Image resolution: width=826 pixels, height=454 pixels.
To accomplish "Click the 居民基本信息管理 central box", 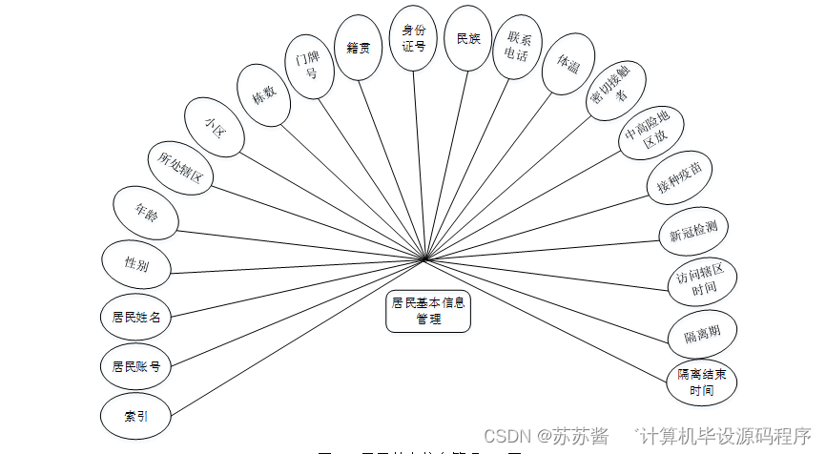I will tap(428, 312).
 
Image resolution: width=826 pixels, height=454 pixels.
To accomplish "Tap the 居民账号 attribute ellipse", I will tap(135, 366).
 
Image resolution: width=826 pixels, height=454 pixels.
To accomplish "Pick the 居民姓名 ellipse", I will tap(135, 317).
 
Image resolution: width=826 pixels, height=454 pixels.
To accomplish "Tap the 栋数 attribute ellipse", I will tap(263, 94).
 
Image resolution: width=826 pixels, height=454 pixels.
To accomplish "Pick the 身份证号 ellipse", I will tap(413, 37).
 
